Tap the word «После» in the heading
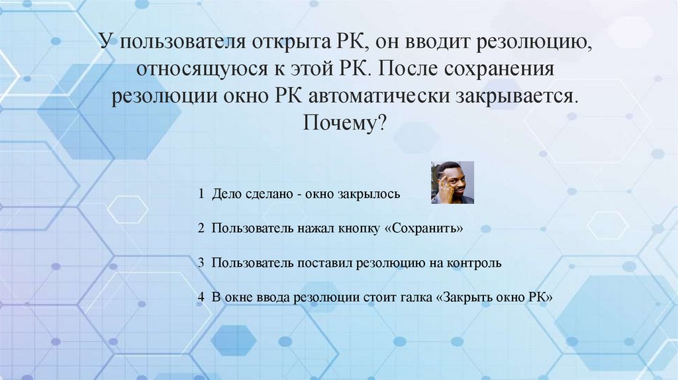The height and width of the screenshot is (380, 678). (x=410, y=70)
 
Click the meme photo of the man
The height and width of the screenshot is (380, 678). (x=452, y=182)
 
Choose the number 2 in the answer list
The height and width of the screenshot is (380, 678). (x=201, y=228)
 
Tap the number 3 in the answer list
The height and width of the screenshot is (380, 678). (x=201, y=263)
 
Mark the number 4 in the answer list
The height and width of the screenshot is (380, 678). (x=201, y=297)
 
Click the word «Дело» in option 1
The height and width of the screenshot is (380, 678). (x=226, y=195)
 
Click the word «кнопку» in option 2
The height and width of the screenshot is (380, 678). (x=357, y=228)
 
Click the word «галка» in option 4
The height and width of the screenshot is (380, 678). (x=416, y=297)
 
